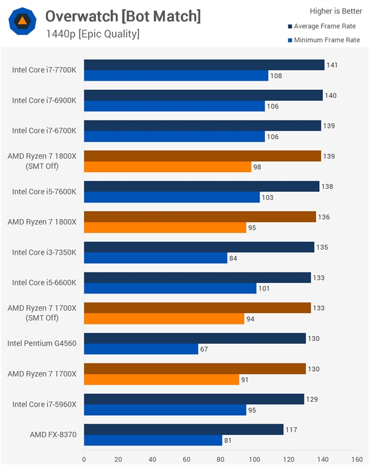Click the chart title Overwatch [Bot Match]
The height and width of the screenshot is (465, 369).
[x=123, y=16]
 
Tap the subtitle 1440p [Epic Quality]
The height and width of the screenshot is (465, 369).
[x=92, y=34]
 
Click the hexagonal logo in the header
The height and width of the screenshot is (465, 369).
[x=22, y=22]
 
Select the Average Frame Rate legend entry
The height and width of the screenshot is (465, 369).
[x=323, y=26]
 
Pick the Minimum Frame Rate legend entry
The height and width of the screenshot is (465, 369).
[x=323, y=40]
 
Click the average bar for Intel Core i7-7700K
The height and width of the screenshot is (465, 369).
[x=204, y=65]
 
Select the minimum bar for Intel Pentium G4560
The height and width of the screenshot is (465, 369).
[x=141, y=349]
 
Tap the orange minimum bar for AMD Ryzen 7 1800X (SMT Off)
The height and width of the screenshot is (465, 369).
[x=167, y=167]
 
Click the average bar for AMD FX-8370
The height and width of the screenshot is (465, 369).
[x=183, y=429]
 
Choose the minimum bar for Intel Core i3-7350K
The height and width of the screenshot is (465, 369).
[x=156, y=258]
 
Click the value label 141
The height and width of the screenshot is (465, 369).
[x=332, y=65]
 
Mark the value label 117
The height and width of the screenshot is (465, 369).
[x=291, y=429]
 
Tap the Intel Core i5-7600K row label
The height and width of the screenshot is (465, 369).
[x=44, y=191]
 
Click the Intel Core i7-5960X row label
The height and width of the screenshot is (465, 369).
[x=44, y=404]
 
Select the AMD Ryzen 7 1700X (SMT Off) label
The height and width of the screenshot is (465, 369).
[x=42, y=312]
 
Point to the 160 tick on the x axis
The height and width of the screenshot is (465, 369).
[x=356, y=458]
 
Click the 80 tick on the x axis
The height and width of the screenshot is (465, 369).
[x=220, y=458]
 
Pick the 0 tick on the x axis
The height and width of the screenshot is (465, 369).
[x=84, y=458]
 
